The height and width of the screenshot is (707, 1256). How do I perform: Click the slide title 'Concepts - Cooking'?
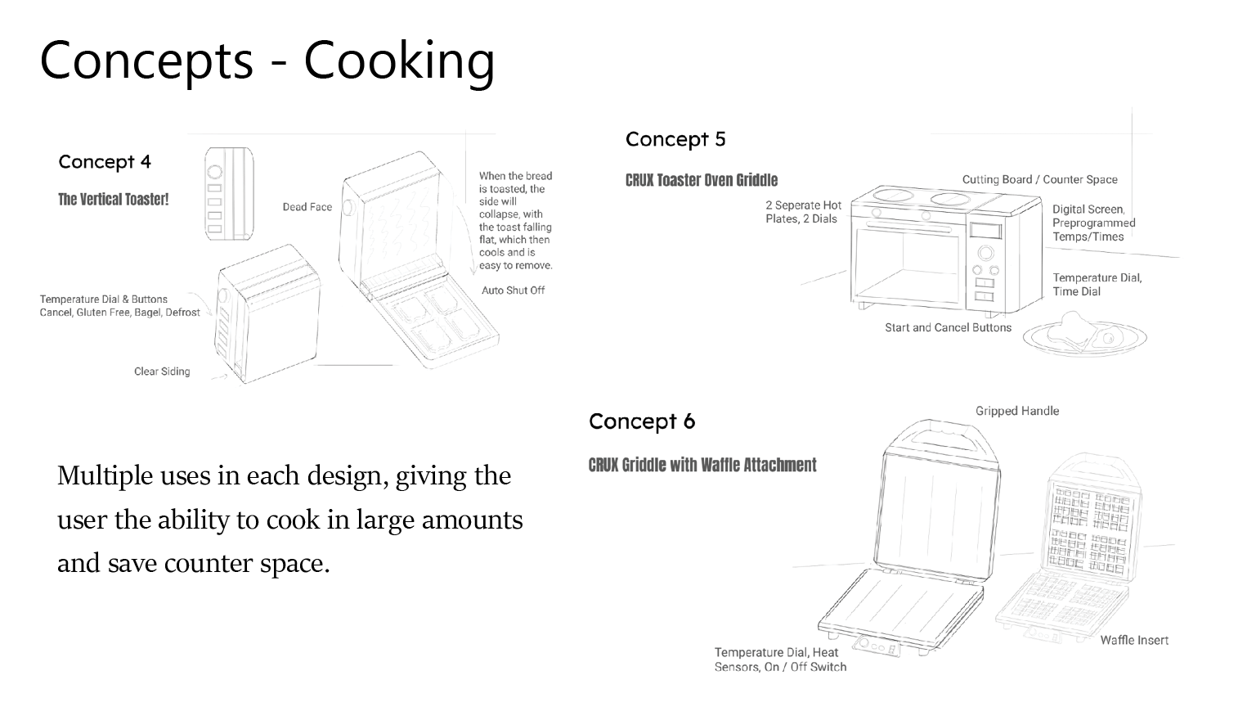point(267,60)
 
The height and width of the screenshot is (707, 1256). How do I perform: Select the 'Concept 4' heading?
point(105,161)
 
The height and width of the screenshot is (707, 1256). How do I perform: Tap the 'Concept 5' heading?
point(675,139)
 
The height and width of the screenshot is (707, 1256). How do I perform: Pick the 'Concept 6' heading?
point(642,421)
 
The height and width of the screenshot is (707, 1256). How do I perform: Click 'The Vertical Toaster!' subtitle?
point(113,200)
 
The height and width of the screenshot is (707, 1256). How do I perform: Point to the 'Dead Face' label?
point(307,207)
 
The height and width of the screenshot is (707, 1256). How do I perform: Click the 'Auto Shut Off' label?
point(513,290)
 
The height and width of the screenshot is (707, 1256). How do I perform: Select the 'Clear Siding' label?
point(162,372)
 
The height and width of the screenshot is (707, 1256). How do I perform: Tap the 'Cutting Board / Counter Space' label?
point(1039,179)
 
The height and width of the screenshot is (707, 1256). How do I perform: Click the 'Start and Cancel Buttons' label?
point(948,327)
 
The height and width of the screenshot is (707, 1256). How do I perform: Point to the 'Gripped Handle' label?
point(1016,411)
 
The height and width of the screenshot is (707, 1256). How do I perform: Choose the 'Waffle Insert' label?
point(1134,640)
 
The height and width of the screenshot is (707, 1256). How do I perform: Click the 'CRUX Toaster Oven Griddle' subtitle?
point(702,180)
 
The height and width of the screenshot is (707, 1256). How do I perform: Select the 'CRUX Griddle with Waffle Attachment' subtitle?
point(702,465)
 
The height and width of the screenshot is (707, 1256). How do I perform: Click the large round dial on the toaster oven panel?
point(985,253)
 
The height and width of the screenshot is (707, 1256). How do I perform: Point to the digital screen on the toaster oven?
point(987,230)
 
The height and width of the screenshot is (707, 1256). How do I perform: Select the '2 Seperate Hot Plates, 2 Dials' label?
point(803,212)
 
